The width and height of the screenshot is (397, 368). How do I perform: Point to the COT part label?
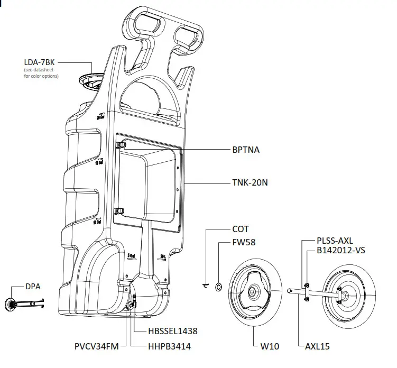click(x=241, y=229)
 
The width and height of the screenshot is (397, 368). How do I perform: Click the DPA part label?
click(x=33, y=287)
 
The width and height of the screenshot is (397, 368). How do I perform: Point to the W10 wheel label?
click(x=269, y=347)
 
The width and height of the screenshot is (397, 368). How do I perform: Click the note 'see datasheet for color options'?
click(x=41, y=73)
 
